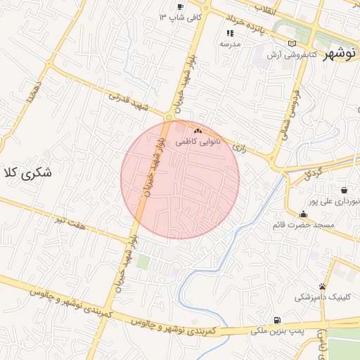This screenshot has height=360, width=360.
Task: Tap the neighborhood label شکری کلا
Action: click(x=29, y=173)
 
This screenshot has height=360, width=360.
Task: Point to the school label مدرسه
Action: click(x=229, y=44)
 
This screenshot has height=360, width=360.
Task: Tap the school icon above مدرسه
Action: click(x=229, y=33)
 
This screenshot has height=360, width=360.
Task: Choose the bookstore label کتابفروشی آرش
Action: click(x=293, y=54)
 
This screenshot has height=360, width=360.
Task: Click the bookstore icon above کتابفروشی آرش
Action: click(x=292, y=44)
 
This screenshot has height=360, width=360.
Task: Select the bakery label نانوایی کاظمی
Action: click(x=198, y=141)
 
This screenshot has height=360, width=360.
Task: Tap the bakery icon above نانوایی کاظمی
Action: click(x=198, y=131)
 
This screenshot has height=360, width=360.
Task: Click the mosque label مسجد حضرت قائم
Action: click(x=303, y=225)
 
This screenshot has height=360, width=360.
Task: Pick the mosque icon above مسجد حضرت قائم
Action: click(x=303, y=214)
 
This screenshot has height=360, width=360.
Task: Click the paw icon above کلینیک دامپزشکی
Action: click(x=322, y=287)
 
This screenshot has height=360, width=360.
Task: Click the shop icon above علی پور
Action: click(x=344, y=190)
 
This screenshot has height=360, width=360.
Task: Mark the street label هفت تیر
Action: click(x=70, y=221)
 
